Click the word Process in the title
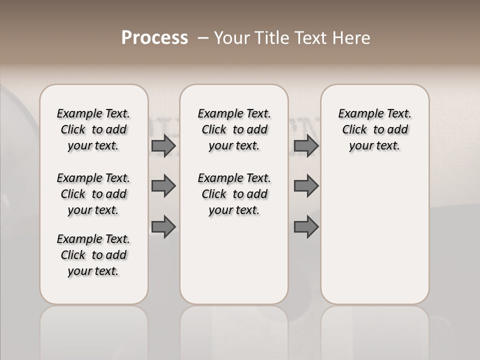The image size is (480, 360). pyautogui.click(x=154, y=38)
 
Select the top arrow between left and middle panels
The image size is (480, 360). pyautogui.click(x=163, y=145)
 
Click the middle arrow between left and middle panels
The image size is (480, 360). pyautogui.click(x=163, y=186)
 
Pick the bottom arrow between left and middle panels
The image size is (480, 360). pyautogui.click(x=163, y=226)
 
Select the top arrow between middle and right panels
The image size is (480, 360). pyautogui.click(x=306, y=145)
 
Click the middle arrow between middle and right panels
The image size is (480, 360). pyautogui.click(x=306, y=186)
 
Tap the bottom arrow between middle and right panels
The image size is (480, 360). pyautogui.click(x=306, y=226)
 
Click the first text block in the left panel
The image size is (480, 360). pyautogui.click(x=93, y=129)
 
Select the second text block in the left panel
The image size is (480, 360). pyautogui.click(x=93, y=194)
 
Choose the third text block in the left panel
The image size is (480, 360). pyautogui.click(x=93, y=255)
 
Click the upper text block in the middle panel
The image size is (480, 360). pyautogui.click(x=234, y=129)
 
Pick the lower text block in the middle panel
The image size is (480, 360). pyautogui.click(x=234, y=194)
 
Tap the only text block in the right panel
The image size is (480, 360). pyautogui.click(x=375, y=129)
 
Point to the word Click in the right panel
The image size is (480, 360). pyautogui.click(x=354, y=130)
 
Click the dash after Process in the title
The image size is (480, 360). pyautogui.click(x=203, y=38)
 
